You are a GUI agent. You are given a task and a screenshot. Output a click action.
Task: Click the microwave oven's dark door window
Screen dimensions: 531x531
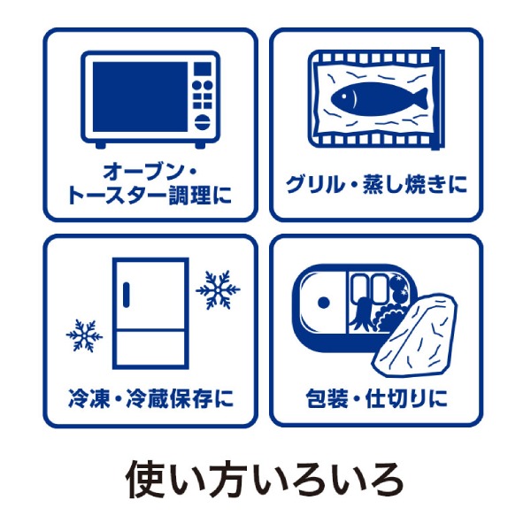click(140, 96)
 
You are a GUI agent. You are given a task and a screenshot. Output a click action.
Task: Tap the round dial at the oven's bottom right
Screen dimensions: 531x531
click(203, 122)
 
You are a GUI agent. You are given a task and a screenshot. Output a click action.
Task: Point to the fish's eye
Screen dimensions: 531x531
click(344, 96)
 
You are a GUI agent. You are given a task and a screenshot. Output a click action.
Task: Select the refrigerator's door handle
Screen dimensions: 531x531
click(127, 295)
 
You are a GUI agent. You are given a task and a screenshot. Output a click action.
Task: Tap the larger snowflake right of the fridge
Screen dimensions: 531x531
click(218, 289)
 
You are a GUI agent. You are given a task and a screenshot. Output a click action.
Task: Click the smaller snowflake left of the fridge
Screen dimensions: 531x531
click(84, 335)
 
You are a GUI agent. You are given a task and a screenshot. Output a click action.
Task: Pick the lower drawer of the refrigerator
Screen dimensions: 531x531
click(150, 350)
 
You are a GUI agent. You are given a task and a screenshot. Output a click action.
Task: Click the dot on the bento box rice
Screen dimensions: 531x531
click(324, 302)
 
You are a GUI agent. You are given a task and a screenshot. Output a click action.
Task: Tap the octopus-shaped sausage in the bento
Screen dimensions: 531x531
click(361, 313)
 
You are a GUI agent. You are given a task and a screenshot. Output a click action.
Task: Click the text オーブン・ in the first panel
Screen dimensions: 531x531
click(150, 172)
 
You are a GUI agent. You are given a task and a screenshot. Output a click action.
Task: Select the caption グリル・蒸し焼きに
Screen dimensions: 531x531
click(376, 184)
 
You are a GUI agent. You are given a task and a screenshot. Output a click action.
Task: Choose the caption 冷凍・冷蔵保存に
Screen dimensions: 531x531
click(150, 397)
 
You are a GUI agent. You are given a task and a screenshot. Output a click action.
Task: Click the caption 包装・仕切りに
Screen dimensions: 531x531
click(376, 398)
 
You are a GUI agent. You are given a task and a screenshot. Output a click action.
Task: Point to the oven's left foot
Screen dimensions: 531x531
click(100, 145)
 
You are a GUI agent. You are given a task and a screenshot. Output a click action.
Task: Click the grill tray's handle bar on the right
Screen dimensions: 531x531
click(437, 98)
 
